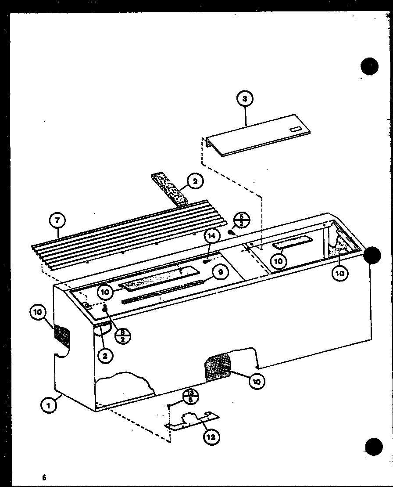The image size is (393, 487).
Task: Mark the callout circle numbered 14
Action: click(x=211, y=236)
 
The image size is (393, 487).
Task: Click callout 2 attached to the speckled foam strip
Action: click(x=195, y=180)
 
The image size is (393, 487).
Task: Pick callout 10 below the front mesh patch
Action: click(x=257, y=382)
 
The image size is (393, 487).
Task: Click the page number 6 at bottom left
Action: click(x=44, y=477)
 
